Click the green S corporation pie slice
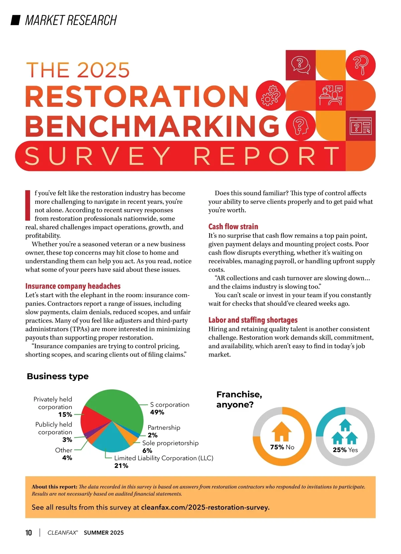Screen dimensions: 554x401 117,406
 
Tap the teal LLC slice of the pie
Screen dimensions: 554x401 112,438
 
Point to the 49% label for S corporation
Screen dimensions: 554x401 157,412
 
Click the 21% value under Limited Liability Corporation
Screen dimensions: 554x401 121,466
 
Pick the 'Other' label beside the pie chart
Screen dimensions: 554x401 63,450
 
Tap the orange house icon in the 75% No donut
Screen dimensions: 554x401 282,431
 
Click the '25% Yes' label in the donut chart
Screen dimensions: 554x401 345,450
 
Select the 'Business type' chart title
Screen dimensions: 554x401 57,376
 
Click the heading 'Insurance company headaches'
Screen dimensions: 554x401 73,286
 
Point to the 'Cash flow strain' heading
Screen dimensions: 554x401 233,227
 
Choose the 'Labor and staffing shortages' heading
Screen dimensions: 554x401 253,320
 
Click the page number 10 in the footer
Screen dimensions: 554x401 29,533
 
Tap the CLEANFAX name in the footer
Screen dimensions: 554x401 62,533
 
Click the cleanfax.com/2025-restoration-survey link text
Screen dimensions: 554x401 205,507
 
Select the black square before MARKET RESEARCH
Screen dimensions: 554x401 16,20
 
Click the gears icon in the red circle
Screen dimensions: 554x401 271,96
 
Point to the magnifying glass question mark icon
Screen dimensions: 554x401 360,65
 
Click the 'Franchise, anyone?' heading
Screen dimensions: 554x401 239,399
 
